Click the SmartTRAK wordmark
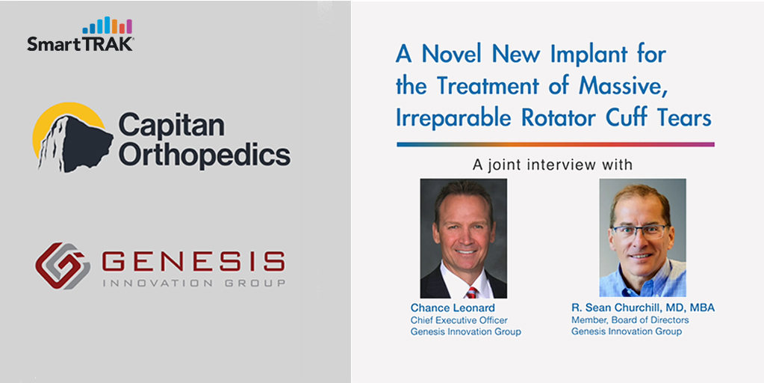pyautogui.click(x=81, y=44)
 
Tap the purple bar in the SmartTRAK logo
pyautogui.click(x=129, y=26)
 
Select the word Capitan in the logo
pyautogui.click(x=172, y=125)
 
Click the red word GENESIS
pyautogui.click(x=193, y=262)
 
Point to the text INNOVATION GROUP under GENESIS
pyautogui.click(x=193, y=283)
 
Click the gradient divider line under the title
pyautogui.click(x=556, y=144)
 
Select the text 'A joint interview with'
pyautogui.click(x=553, y=165)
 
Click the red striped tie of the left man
pyautogui.click(x=471, y=292)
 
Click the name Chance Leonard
pyautogui.click(x=453, y=308)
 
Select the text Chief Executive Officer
pyautogui.click(x=459, y=320)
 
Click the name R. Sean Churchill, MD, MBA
pyautogui.click(x=643, y=308)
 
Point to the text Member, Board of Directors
pyautogui.click(x=630, y=320)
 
